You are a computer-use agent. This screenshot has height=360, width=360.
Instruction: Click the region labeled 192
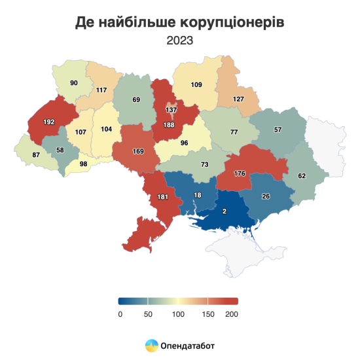coord(50,122)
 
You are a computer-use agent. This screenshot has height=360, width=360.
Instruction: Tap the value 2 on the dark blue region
coord(225,211)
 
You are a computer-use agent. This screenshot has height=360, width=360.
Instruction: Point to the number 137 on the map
coord(171,110)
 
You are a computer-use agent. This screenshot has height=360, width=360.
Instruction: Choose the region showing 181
coord(163,197)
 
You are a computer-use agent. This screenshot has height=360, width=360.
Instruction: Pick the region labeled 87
coord(37,154)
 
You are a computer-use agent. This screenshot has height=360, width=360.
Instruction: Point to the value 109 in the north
coord(196,84)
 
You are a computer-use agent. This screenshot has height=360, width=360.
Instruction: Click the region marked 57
coord(278,130)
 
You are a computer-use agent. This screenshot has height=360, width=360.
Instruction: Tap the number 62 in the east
coord(302,175)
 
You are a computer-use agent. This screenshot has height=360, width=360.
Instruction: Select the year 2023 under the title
coord(179,41)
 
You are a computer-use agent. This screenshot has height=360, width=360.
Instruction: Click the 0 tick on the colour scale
coord(120,314)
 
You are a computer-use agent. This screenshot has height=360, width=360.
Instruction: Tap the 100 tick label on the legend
coord(177,314)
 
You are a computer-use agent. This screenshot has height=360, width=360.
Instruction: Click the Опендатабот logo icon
coord(151,344)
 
